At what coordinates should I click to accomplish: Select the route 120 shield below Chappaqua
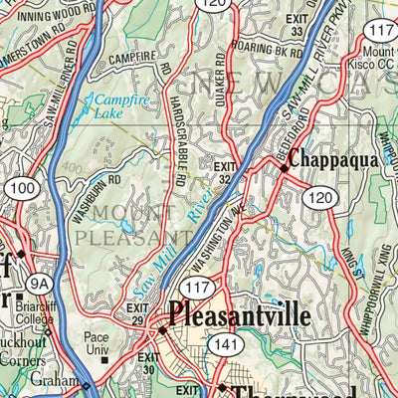[320, 199]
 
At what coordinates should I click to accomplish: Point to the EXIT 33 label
[294, 26]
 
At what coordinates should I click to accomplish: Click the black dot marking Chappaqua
[284, 169]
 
